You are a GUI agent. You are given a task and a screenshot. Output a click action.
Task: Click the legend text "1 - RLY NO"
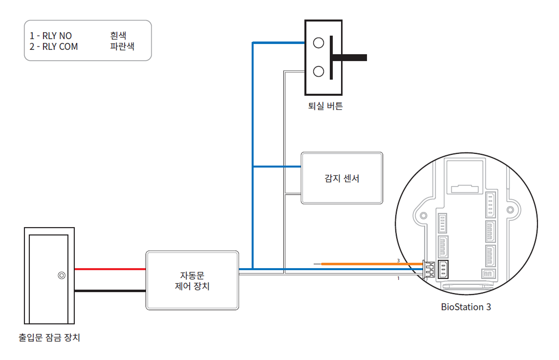pyautogui.click(x=51, y=36)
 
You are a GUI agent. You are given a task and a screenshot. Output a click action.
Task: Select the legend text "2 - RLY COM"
pyautogui.click(x=54, y=47)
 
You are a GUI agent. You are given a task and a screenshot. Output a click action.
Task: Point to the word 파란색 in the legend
pyautogui.click(x=122, y=47)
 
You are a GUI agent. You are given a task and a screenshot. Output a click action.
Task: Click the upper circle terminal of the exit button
pyautogui.click(x=319, y=43)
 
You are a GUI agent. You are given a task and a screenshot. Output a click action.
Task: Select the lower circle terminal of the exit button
pyautogui.click(x=319, y=71)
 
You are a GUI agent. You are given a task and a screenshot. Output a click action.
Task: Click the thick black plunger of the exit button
pyautogui.click(x=349, y=58)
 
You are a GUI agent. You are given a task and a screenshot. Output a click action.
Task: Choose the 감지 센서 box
pyautogui.click(x=342, y=178)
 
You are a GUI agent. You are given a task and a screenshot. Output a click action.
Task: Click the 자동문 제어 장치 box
pyautogui.click(x=193, y=280)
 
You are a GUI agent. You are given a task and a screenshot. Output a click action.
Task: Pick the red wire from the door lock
pyautogui.click(x=110, y=269)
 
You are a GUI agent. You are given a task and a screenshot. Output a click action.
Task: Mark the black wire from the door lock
pyautogui.click(x=110, y=291)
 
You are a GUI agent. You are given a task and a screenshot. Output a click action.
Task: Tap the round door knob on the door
pyautogui.click(x=62, y=275)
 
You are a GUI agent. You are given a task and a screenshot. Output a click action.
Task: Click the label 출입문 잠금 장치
pyautogui.click(x=49, y=337)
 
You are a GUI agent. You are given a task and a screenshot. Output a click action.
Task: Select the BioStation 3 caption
pyautogui.click(x=466, y=307)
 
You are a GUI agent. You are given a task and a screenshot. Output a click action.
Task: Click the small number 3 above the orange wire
pyautogui.click(x=398, y=260)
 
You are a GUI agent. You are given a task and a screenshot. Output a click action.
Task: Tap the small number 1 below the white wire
pyautogui.click(x=398, y=278)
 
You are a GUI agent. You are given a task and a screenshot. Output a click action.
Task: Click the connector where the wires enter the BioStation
pyautogui.click(x=429, y=269)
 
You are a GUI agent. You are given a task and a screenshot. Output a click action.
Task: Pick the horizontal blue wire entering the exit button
pyautogui.click(x=279, y=43)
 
